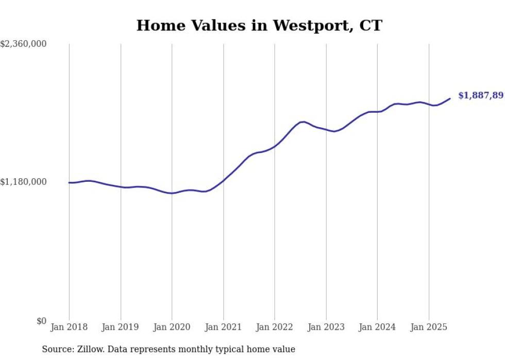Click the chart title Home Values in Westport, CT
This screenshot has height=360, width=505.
tap(259, 25)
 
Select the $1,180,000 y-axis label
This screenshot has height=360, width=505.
tap(24, 182)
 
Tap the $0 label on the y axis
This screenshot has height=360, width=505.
tap(41, 321)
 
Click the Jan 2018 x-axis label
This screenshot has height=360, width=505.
tap(69, 327)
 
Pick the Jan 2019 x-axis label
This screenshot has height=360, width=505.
tap(121, 327)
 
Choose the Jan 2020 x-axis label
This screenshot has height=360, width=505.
tap(172, 327)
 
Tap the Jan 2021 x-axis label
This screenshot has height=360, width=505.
tap(223, 327)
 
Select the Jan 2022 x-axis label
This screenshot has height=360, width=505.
tap(275, 327)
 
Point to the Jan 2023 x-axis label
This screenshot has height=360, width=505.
tap(326, 327)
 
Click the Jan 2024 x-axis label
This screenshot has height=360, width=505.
tap(377, 327)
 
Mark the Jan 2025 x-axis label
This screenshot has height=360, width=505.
tap(429, 327)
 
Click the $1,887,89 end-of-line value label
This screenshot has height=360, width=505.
tap(480, 95)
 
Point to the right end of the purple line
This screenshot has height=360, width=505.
tap(450, 98)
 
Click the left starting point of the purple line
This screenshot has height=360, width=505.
tap(69, 182)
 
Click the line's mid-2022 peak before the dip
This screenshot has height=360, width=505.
tap(304, 122)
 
